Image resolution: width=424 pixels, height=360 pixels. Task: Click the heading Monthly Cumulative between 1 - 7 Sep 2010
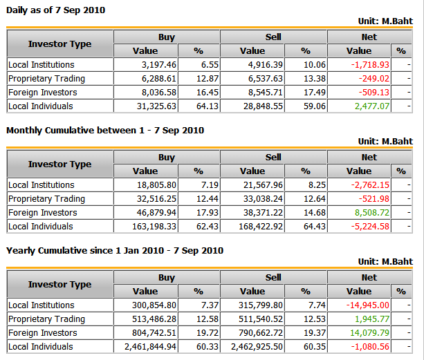click(x=105, y=130)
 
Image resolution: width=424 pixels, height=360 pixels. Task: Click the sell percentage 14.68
click(x=313, y=212)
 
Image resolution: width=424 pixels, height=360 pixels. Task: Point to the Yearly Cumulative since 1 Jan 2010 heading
click(x=115, y=250)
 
